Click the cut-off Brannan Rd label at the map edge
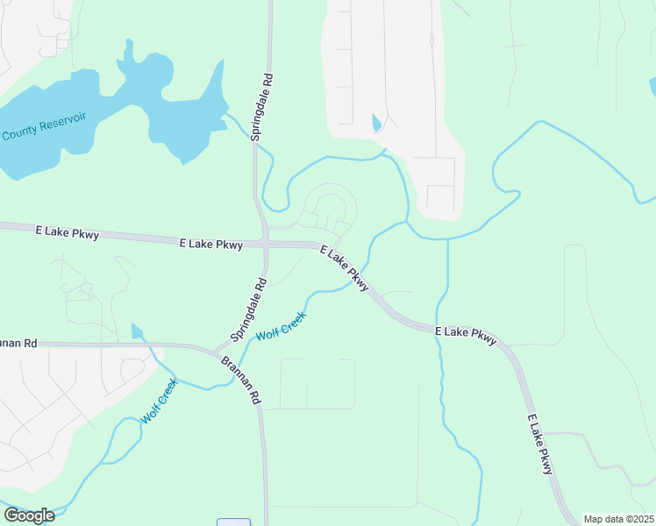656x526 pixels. pyautogui.click(x=18, y=344)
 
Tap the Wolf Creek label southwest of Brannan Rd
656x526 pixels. pyautogui.click(x=159, y=401)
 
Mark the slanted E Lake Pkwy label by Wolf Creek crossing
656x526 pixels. pyautogui.click(x=344, y=268)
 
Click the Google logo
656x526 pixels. pyautogui.click(x=29, y=515)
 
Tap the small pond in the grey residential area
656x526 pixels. pyautogui.click(x=376, y=123)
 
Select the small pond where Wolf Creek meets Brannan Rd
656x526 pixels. pyautogui.click(x=136, y=331)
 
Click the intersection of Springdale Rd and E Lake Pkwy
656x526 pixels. pyautogui.click(x=265, y=243)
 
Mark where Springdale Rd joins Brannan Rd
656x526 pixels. pyautogui.click(x=217, y=350)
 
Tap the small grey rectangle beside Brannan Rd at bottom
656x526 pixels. pyautogui.click(x=234, y=522)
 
